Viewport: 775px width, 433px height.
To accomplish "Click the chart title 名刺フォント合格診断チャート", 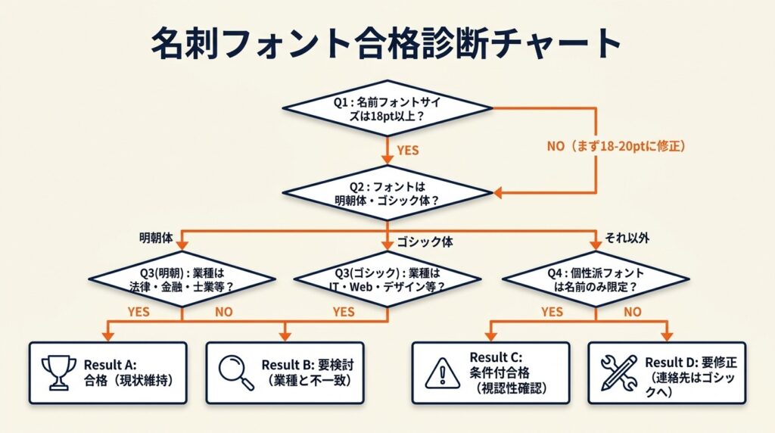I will [387, 43].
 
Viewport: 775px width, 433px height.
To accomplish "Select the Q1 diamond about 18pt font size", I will [387, 108].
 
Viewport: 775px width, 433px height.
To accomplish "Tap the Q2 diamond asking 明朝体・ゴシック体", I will [387, 192].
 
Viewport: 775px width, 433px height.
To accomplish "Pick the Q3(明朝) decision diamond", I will [182, 279].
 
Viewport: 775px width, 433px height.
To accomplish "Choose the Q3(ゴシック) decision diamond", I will [387, 279].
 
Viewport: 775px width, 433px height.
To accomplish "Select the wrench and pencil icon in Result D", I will [618, 372].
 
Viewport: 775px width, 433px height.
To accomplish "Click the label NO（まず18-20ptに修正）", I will [616, 147].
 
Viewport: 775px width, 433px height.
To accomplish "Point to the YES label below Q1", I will [407, 151].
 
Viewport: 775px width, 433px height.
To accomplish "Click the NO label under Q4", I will [632, 311].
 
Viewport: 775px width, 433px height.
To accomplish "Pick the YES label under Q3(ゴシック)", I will [344, 311].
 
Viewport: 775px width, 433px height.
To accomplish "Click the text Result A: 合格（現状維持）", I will [124, 372].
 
